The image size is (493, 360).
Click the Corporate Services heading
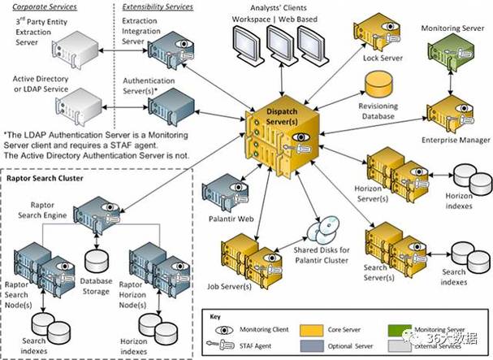[x=41, y=6]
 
